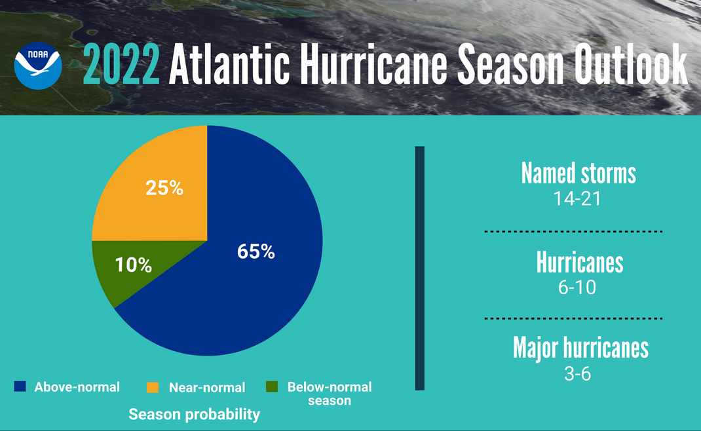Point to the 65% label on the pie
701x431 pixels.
pyautogui.click(x=256, y=252)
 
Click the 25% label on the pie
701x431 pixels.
pyautogui.click(x=164, y=188)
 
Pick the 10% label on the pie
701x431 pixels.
pyautogui.click(x=134, y=265)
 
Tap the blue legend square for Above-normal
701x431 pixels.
pyautogui.click(x=20, y=387)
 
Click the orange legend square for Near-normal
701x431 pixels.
pyautogui.click(x=153, y=388)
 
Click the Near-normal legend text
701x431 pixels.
pyautogui.click(x=207, y=388)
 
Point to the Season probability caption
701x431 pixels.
pyautogui.click(x=194, y=415)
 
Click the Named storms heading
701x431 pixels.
pyautogui.click(x=578, y=174)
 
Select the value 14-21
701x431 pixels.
pyautogui.click(x=577, y=198)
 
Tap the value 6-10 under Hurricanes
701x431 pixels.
pyautogui.click(x=577, y=288)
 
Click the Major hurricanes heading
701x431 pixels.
pyautogui.click(x=580, y=348)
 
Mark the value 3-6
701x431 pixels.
pyautogui.click(x=577, y=374)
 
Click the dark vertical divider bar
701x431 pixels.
pyautogui.click(x=420, y=269)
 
